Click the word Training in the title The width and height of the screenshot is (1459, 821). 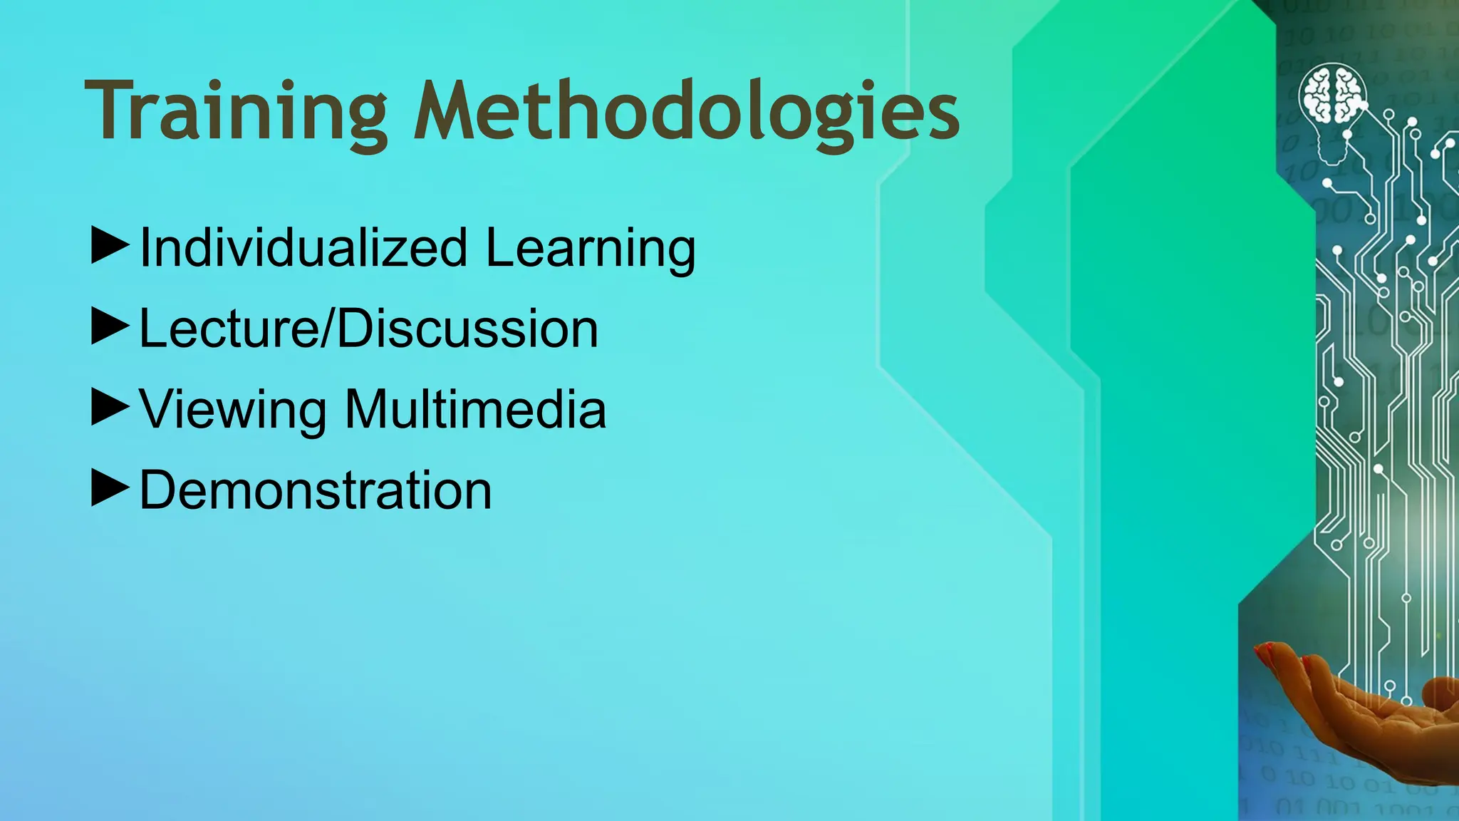pos(236,113)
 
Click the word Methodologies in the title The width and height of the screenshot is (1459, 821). pos(687,113)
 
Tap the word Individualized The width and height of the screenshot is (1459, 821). pos(303,248)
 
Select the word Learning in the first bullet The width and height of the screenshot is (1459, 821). pos(591,248)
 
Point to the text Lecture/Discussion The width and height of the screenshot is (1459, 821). pos(368,329)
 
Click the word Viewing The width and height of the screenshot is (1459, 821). pos(232,410)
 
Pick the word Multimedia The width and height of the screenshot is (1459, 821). pos(475,410)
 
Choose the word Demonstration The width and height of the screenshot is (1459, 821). pos(316,490)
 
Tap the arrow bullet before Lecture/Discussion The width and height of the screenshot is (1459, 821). pos(110,326)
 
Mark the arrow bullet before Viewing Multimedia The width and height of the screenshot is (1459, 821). pos(110,407)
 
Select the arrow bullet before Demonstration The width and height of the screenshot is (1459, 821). pos(110,488)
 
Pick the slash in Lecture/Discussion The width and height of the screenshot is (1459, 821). pos(328,329)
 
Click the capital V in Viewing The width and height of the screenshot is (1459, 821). pos(158,410)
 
